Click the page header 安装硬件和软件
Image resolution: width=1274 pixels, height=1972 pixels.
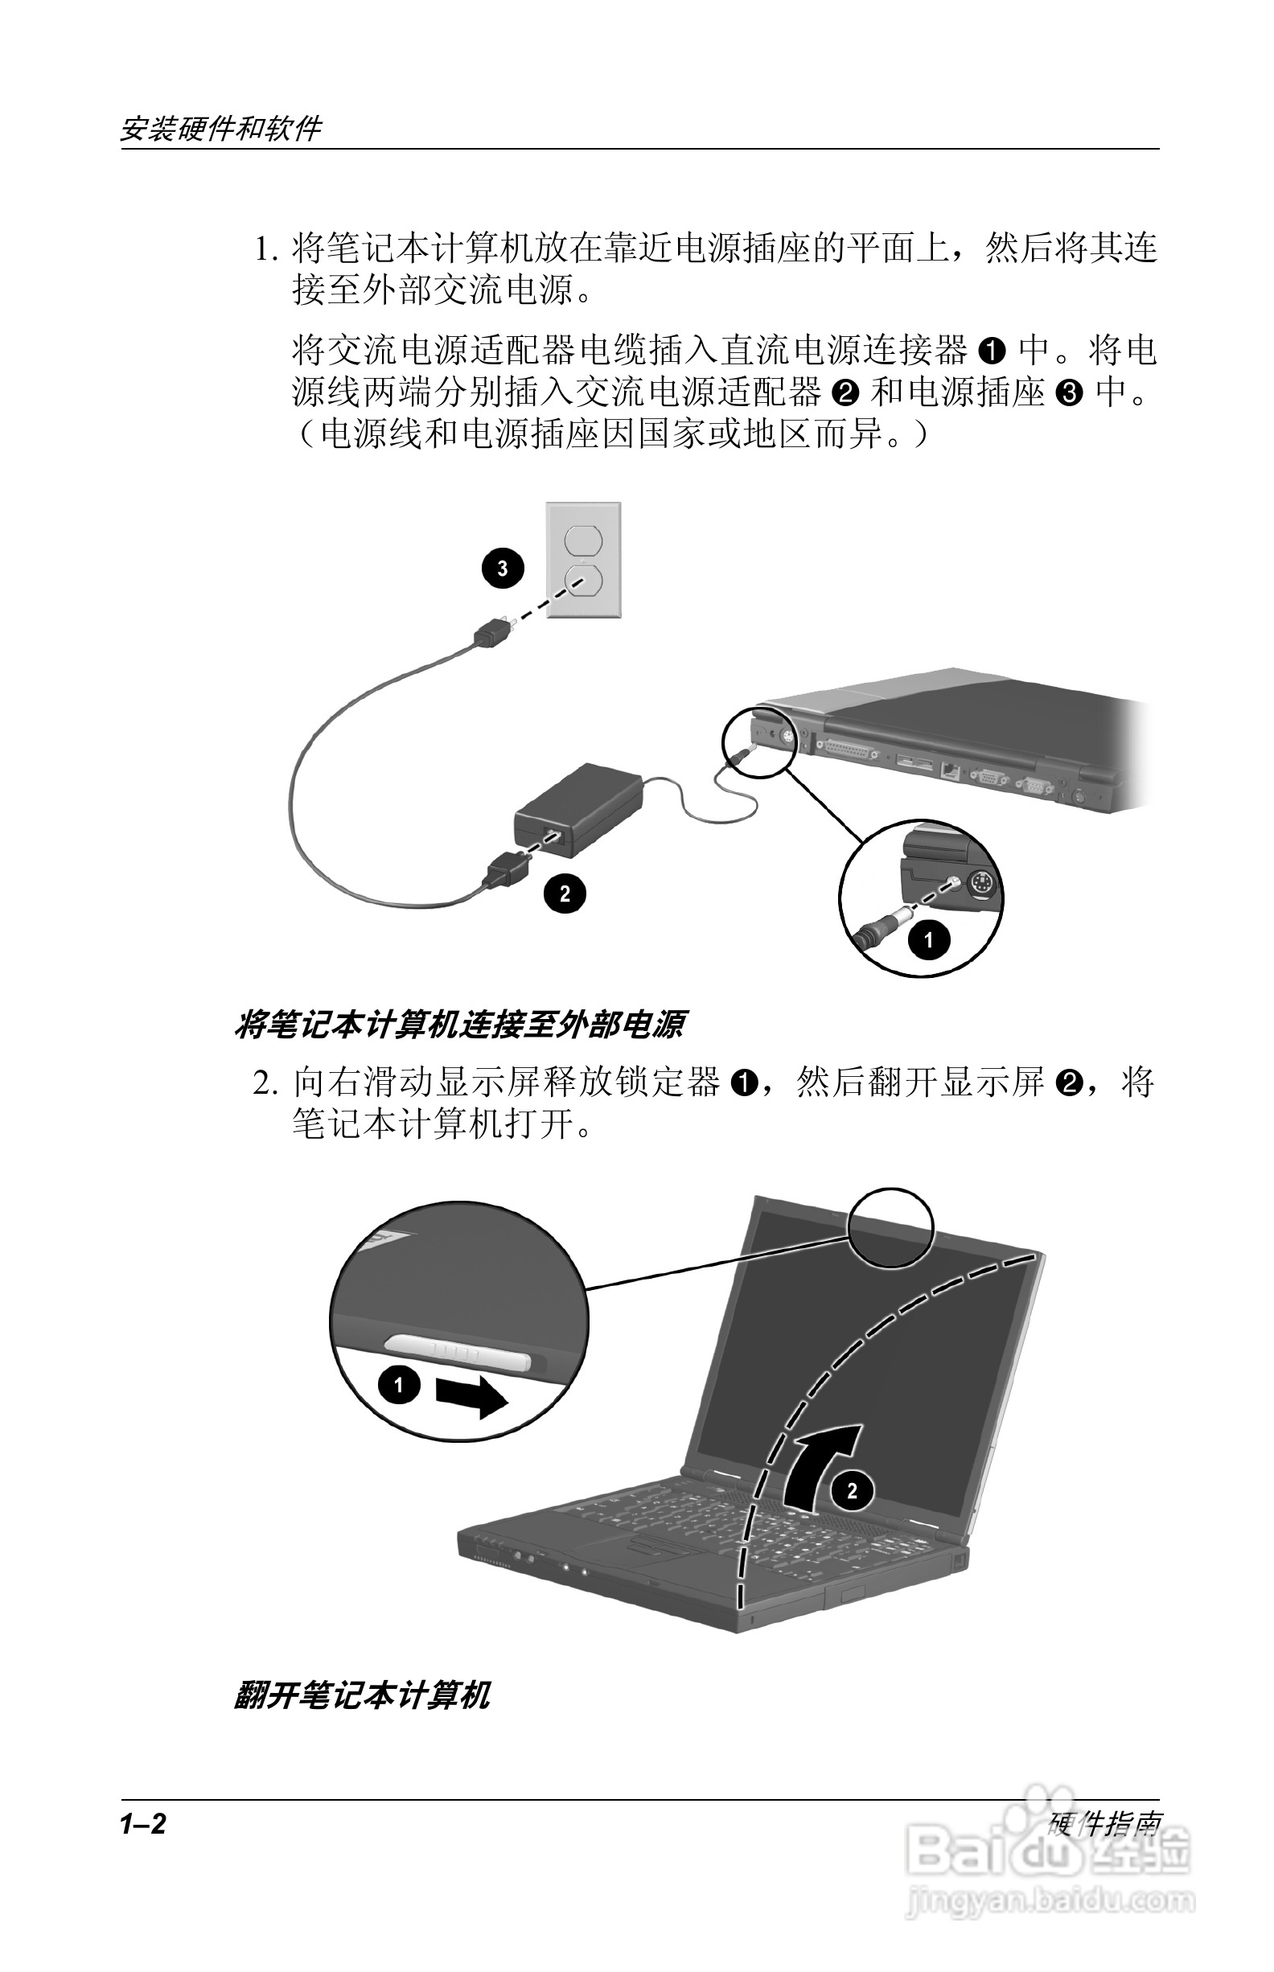221,128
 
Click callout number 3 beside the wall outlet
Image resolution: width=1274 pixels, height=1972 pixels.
502,569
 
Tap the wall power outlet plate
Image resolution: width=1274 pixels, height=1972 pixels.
583,560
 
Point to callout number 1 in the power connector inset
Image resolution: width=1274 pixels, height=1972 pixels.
928,939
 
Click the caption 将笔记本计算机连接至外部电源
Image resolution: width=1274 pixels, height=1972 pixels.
459,1025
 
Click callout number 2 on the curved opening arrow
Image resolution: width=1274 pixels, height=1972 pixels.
852,1490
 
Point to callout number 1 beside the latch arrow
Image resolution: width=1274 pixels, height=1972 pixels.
399,1383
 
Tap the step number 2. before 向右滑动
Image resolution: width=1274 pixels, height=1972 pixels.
265,1082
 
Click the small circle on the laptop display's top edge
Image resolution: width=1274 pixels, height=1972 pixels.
892,1227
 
